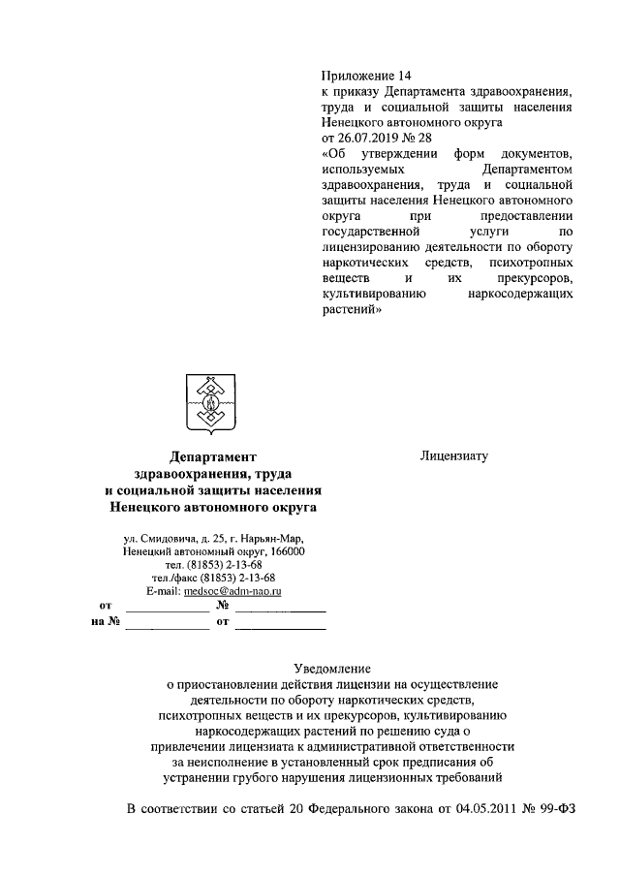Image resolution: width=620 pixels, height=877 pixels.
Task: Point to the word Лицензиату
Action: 454,454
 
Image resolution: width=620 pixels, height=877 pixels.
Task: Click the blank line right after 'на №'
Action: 167,624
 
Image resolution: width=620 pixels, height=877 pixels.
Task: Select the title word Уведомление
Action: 330,669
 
